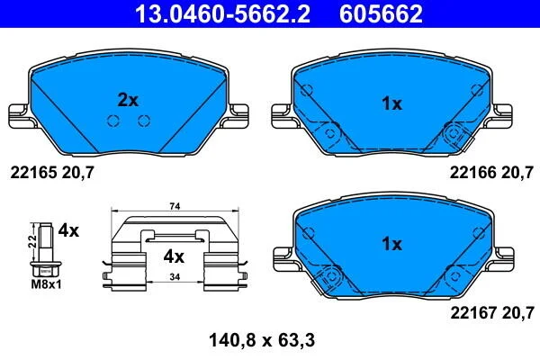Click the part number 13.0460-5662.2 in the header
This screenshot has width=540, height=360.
point(223,13)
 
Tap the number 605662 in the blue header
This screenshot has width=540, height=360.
point(381,13)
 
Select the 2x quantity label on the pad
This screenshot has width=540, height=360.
point(128,100)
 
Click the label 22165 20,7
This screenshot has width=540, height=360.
point(52,172)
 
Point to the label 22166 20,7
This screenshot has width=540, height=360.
point(491,172)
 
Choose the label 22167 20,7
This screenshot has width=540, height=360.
point(492,313)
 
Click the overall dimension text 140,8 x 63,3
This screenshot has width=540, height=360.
point(262,341)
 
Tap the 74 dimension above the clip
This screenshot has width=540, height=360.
point(175,206)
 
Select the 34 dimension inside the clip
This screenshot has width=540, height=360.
point(175,276)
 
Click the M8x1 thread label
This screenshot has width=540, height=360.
point(46,284)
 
